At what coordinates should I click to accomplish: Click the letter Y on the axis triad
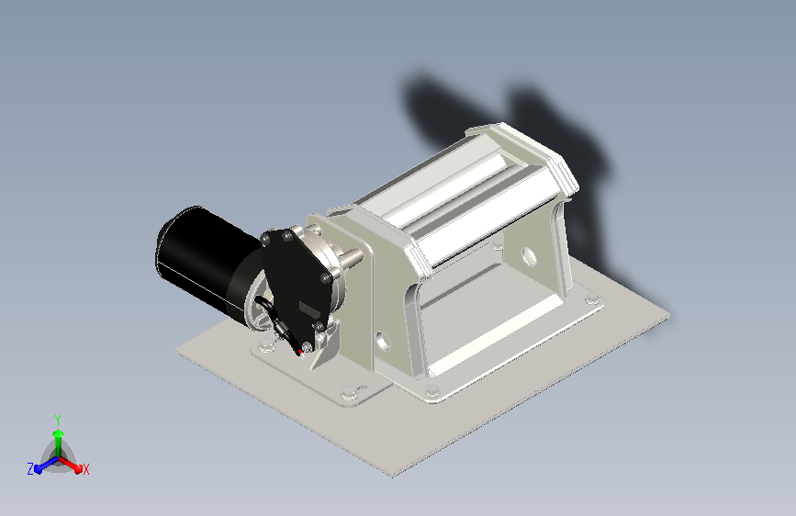(x=58, y=420)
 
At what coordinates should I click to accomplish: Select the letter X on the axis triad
(x=85, y=470)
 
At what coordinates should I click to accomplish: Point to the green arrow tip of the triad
(x=59, y=433)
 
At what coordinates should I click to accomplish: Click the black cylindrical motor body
(x=203, y=259)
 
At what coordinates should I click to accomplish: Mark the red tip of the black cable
(x=301, y=352)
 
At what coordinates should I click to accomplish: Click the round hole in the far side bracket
(x=529, y=256)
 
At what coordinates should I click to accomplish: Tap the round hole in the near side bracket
(x=383, y=342)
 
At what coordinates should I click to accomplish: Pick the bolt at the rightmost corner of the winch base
(x=592, y=298)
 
